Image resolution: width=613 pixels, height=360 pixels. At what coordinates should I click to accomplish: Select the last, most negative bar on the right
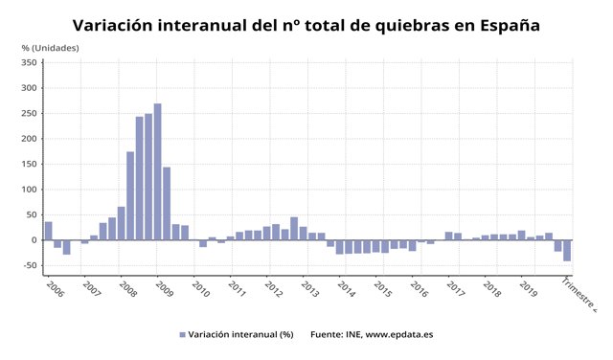(x=567, y=251)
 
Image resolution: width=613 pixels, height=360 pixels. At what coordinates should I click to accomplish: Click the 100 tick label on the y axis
(x=29, y=190)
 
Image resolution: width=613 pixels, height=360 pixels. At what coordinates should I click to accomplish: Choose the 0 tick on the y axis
(x=34, y=240)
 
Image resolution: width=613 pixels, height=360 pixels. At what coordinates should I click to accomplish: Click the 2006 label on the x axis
(x=54, y=287)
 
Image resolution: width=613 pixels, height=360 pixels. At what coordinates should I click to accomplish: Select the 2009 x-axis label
(x=163, y=287)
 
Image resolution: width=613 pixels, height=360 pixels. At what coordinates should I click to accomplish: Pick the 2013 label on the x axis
(x=308, y=287)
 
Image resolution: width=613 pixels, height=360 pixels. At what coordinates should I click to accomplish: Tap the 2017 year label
(x=455, y=287)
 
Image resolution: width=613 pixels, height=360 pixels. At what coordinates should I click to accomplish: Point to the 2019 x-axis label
(x=528, y=287)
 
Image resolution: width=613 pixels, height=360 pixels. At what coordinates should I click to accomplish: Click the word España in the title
(x=502, y=26)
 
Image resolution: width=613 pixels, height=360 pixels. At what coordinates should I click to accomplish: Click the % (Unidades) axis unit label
(x=50, y=47)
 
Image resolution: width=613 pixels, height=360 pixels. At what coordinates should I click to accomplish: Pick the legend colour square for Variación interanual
(x=182, y=334)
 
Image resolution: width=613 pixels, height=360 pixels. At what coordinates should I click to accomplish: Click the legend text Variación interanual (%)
(x=238, y=334)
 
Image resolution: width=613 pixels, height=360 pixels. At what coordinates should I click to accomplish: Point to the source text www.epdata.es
(x=400, y=334)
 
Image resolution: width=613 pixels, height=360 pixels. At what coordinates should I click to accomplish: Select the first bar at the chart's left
(x=49, y=231)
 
